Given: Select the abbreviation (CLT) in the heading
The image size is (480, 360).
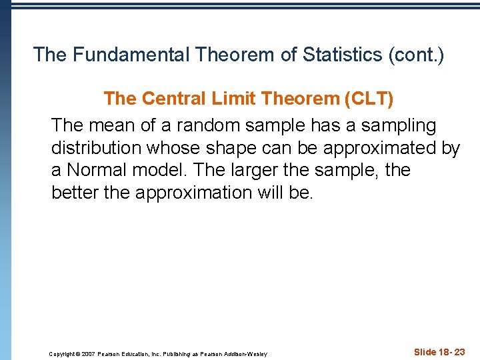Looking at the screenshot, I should click(x=368, y=99).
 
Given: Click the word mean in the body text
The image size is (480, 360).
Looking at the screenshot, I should click(x=111, y=125).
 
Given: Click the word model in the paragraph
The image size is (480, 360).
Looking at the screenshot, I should click(x=159, y=171).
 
